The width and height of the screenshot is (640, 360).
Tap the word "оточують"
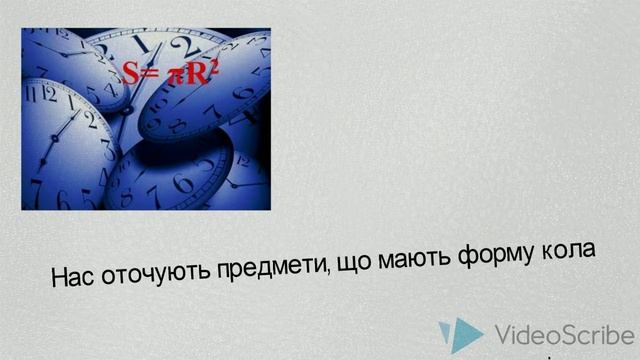coord(151,271)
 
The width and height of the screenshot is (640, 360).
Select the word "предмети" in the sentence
coord(265,263)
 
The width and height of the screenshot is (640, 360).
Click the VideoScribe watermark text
coord(564,333)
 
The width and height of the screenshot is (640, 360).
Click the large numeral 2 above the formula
coord(181,45)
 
